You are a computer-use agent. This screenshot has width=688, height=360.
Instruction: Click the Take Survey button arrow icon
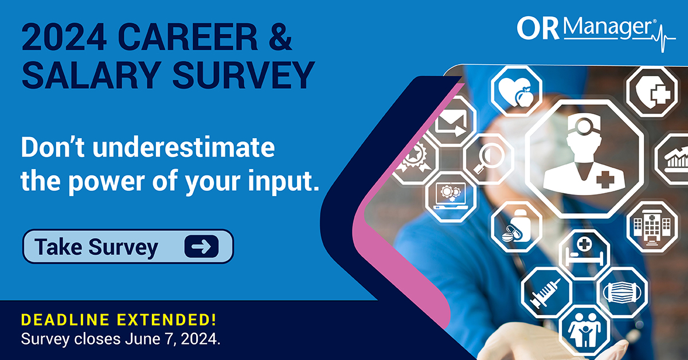click(x=201, y=246)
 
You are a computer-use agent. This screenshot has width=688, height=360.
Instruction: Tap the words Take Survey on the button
click(x=96, y=247)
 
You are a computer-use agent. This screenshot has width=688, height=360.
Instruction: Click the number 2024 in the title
click(x=64, y=37)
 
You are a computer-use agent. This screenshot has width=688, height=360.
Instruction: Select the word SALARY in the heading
click(x=92, y=75)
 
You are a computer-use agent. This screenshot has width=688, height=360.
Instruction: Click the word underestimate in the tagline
click(x=183, y=147)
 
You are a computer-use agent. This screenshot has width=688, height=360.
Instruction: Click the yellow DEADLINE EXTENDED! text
click(x=119, y=319)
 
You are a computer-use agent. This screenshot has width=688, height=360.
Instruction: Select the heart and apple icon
click(x=517, y=91)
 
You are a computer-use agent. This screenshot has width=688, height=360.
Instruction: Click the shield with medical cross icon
click(x=652, y=92)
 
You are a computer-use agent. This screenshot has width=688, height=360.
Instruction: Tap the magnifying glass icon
click(x=490, y=159)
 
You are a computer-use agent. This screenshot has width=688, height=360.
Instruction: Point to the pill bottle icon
click(x=517, y=226)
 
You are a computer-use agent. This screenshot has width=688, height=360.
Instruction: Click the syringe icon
click(x=545, y=293)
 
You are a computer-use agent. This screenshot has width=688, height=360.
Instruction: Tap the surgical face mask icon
click(x=622, y=292)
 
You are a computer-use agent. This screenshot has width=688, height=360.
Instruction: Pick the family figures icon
click(x=584, y=330)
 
